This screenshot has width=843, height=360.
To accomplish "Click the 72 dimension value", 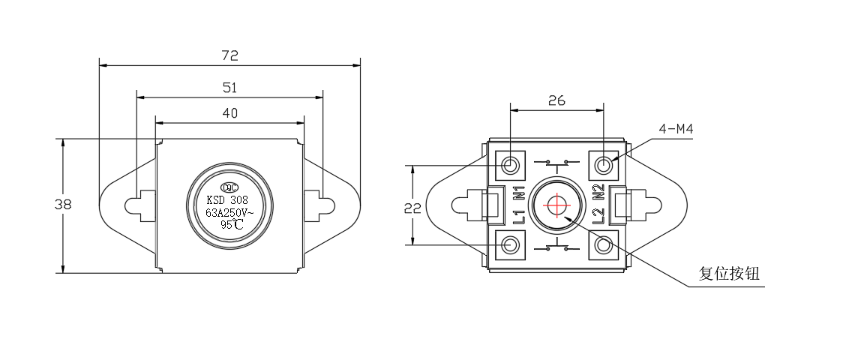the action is (230, 55).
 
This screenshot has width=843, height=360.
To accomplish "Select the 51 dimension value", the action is (230, 88).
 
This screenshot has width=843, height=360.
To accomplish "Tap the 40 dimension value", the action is (230, 112).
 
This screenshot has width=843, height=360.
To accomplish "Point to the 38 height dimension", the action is (63, 204).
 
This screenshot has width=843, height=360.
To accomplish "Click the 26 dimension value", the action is (556, 100).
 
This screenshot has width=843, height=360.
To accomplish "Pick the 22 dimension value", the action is (412, 208).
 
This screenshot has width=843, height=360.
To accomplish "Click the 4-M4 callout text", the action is (676, 129).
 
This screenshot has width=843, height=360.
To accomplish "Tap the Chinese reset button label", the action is (729, 274).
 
